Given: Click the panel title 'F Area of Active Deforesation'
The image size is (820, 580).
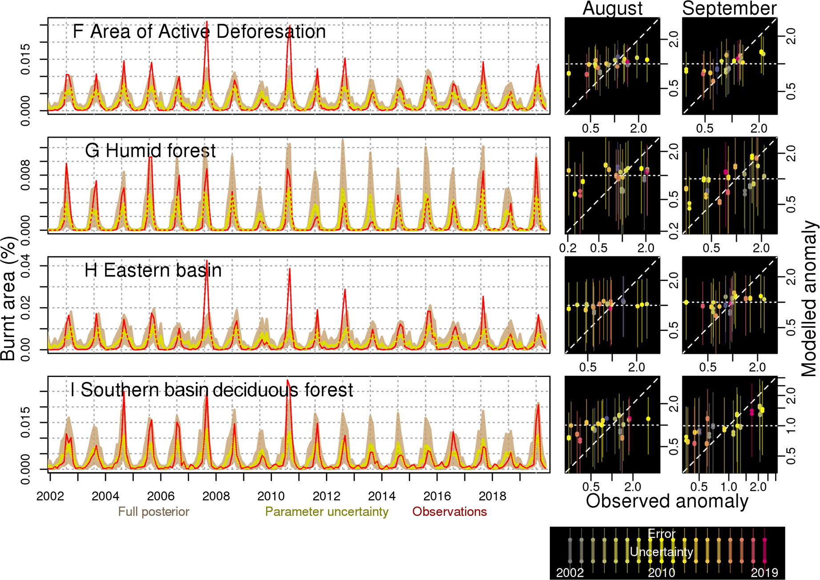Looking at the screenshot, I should coord(199,32).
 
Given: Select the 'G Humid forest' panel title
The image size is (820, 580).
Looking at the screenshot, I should coord(150,151).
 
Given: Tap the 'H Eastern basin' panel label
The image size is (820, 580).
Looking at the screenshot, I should coord(153,271).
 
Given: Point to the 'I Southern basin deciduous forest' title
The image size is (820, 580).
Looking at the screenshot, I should coord(212,390).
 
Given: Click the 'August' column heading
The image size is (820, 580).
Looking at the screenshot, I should coord(612,8).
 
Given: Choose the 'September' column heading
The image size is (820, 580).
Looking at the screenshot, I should coord(729,8).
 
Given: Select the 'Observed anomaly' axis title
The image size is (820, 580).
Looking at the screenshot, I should coord(667,501).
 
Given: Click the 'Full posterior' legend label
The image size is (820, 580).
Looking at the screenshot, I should coord(153,512).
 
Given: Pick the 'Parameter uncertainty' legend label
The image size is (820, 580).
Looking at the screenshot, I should coord(327,512).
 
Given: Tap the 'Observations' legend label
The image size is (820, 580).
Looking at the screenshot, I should coord(449,512).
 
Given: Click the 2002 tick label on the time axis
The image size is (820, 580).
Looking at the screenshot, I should coord(50,496).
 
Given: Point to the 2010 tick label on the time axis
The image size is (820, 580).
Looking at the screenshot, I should coord(271,496).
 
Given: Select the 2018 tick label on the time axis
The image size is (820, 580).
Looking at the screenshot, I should coord(492,496).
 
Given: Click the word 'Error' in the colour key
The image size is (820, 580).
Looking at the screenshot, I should coord(661,534).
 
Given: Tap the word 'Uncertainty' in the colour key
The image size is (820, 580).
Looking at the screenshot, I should coord(661,552).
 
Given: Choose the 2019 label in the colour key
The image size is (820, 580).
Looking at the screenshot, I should coord(764,573).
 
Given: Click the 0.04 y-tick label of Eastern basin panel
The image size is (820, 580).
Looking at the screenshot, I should coord(25,266).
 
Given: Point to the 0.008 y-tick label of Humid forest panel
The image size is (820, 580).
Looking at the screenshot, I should coord(25,175).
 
